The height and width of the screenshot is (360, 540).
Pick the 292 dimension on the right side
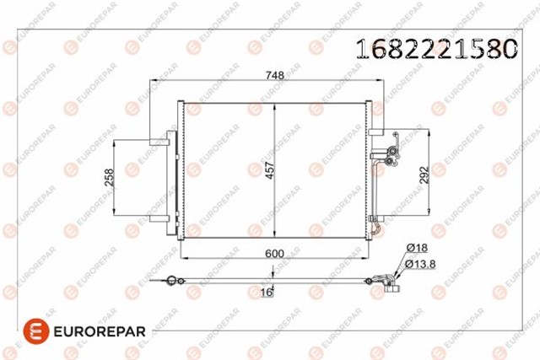pyautogui.click(x=424, y=175)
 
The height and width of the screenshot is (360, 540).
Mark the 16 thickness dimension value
pyautogui.click(x=266, y=292)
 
